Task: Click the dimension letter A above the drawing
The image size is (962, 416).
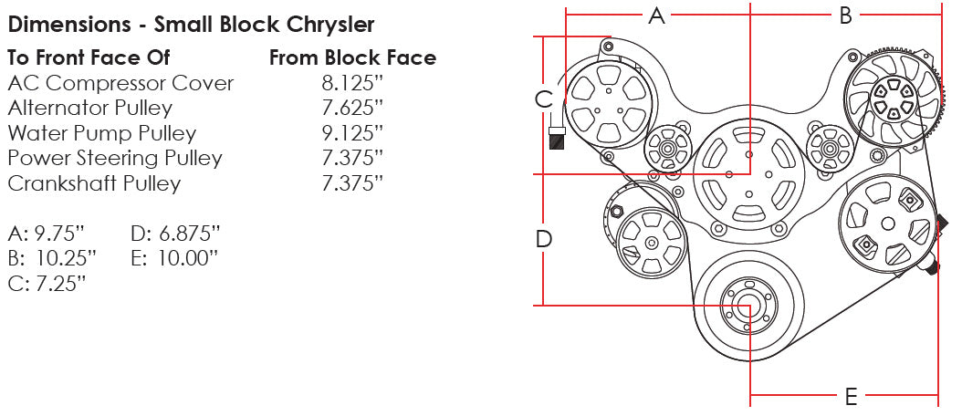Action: coord(656,16)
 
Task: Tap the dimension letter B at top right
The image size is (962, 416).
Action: coord(845,16)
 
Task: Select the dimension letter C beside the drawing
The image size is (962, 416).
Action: coord(544,99)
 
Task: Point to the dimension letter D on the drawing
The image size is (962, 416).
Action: coord(544,239)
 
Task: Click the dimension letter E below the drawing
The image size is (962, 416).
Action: coord(851,397)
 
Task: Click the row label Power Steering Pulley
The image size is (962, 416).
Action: coord(115,159)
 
